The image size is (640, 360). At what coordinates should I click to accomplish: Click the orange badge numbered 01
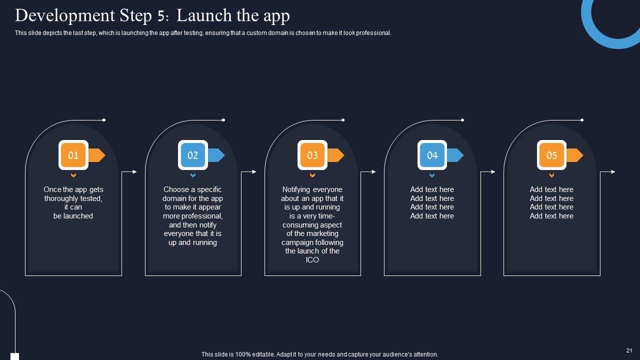point(73,155)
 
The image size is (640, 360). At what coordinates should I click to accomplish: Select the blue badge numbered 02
point(193,155)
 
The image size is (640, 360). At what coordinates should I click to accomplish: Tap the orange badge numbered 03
point(312,155)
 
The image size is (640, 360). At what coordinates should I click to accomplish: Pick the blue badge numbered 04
point(432,155)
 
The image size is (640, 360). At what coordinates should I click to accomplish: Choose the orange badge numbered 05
point(551,155)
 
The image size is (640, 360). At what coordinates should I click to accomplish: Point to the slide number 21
point(629,350)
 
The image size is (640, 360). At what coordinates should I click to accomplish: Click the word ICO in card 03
point(312,260)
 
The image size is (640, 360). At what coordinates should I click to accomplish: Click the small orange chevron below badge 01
point(73,175)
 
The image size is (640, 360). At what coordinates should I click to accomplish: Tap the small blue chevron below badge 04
point(432,175)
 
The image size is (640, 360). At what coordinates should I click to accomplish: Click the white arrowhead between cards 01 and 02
point(135,171)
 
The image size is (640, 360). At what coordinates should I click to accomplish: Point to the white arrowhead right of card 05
point(613,171)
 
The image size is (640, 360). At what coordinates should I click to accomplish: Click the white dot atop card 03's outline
point(343,120)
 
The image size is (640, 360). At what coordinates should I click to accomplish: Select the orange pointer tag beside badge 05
point(575,155)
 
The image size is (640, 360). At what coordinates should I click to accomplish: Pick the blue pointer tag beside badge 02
point(216,155)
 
